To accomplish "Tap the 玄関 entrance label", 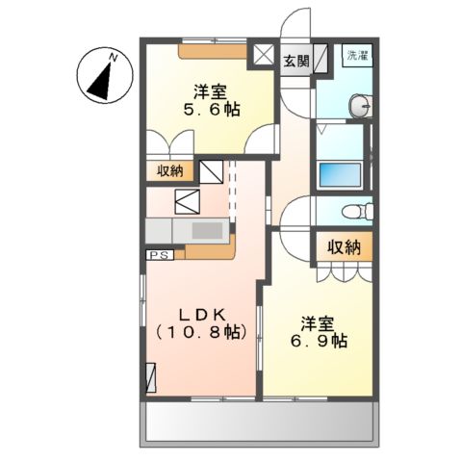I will (295, 61).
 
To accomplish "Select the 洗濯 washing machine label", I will (356, 54).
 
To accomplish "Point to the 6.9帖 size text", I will (323, 341).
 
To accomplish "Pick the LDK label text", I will (201, 314).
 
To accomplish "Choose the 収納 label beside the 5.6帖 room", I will (171, 172).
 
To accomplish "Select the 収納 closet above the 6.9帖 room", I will (343, 246).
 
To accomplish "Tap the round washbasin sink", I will (359, 105).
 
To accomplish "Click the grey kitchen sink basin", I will (206, 232).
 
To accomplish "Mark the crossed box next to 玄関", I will (263, 57).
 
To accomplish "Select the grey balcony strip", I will (257, 423).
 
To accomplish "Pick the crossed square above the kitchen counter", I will (187, 203).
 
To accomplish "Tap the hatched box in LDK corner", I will (150, 376).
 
